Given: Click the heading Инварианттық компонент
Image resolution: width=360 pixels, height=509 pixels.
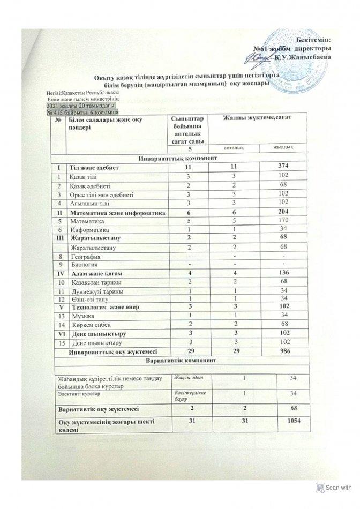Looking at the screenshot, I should (x=178, y=159).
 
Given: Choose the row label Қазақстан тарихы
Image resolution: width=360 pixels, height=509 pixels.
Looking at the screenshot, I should (x=95, y=282).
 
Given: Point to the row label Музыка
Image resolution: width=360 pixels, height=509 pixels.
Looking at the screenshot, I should (x=81, y=317).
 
